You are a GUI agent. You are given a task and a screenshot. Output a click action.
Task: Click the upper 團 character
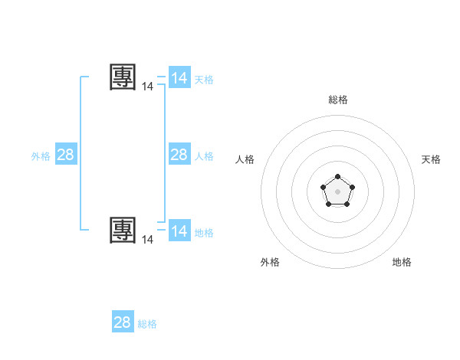point(123,77)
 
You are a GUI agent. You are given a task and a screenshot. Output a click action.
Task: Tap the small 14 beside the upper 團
point(148,87)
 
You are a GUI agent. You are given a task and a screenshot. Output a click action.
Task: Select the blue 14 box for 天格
point(179,78)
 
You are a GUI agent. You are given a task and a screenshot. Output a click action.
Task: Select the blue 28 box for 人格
point(179,155)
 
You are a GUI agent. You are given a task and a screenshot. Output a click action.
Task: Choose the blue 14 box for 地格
point(179,231)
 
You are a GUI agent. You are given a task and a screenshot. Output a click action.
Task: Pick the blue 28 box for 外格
point(66,155)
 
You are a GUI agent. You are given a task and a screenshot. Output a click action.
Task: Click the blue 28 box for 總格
point(123,322)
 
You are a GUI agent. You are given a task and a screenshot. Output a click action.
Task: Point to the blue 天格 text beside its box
point(204,80)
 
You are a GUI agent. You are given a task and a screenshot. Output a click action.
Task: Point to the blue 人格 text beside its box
point(204,156)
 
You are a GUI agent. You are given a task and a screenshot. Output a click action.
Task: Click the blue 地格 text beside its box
point(204,233)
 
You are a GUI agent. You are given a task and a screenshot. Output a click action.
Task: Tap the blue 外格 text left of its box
point(41,156)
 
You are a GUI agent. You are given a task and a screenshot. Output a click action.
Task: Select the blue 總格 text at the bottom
point(147,324)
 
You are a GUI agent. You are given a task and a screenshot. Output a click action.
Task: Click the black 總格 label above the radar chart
point(338,100)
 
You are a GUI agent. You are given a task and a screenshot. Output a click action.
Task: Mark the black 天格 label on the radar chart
point(432,159)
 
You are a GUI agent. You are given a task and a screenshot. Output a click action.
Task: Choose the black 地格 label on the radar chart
point(402,262)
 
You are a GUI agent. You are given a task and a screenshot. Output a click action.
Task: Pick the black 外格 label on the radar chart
point(270,262)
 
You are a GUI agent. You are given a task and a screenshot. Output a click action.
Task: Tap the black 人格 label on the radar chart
point(245,159)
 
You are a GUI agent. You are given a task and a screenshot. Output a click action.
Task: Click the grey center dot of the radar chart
point(337,191)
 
